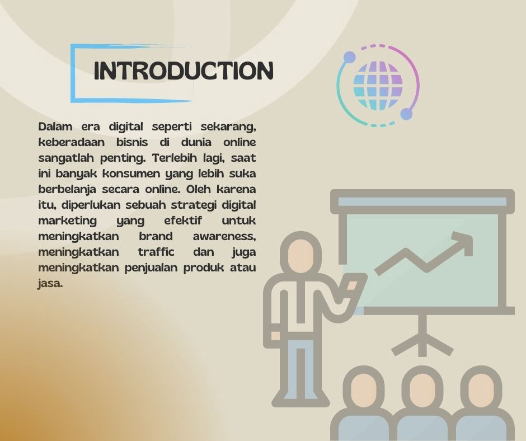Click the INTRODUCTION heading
tap(184, 71)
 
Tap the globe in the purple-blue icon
tap(378, 86)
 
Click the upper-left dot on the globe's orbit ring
tap(349, 57)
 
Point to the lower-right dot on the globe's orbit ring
tap(406, 114)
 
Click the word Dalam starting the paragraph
tap(55, 126)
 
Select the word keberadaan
tap(72, 142)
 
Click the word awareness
tap(224, 237)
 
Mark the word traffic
tap(156, 252)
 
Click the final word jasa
tap(50, 284)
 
